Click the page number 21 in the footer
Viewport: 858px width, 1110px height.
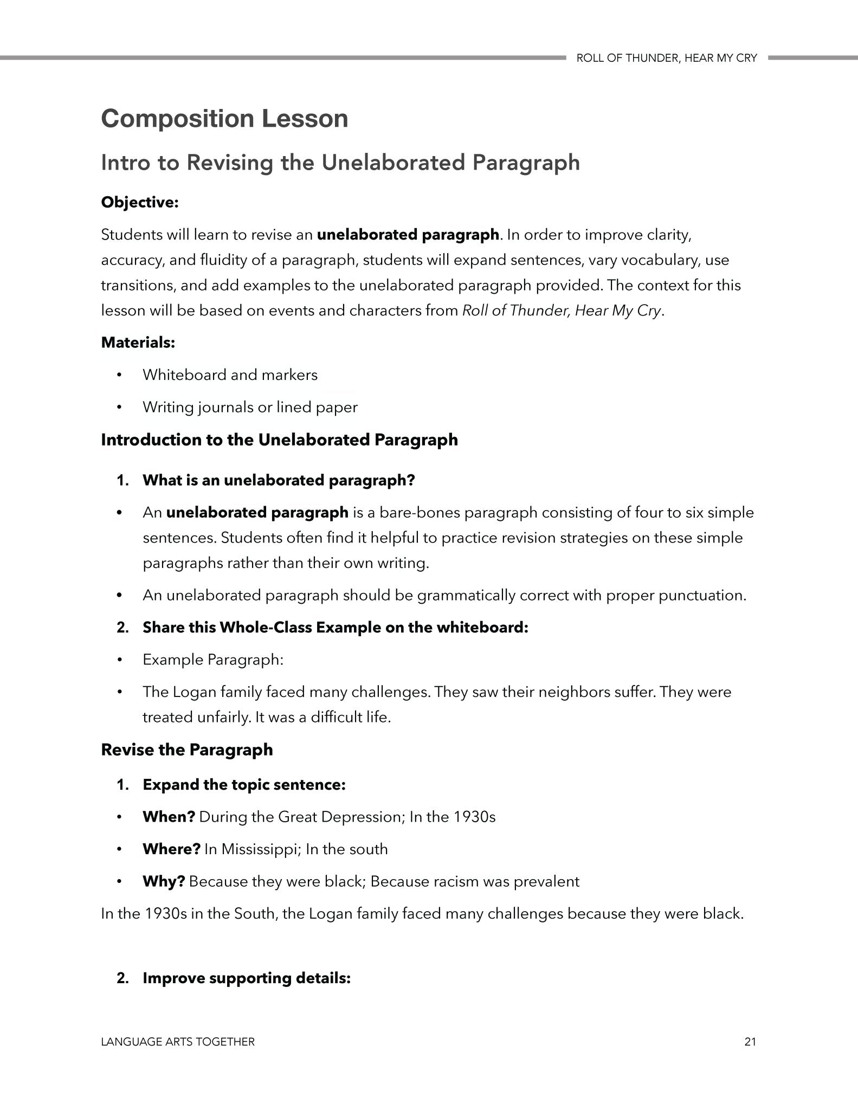tap(750, 1041)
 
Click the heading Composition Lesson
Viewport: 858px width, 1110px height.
tap(224, 119)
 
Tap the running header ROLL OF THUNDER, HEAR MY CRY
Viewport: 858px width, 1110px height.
tap(666, 59)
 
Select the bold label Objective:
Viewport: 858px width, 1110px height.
tap(140, 203)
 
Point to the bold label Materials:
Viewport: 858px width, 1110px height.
tap(138, 343)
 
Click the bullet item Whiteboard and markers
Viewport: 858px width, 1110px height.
tap(230, 375)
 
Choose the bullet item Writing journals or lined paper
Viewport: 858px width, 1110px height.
tap(250, 407)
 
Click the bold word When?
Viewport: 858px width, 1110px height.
tap(169, 817)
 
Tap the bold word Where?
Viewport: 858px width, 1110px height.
tap(171, 849)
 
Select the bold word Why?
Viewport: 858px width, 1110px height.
tap(164, 881)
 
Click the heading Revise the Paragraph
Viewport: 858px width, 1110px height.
tap(187, 750)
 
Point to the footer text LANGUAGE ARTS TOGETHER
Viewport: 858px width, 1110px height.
tap(178, 1042)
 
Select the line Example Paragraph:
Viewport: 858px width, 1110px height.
tap(213, 660)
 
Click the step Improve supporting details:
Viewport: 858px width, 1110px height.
tap(247, 978)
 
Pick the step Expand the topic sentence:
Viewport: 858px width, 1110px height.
tap(244, 784)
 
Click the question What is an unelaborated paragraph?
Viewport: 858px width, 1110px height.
tap(279, 480)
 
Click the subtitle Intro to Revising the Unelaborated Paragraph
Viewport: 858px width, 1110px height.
tap(340, 163)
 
